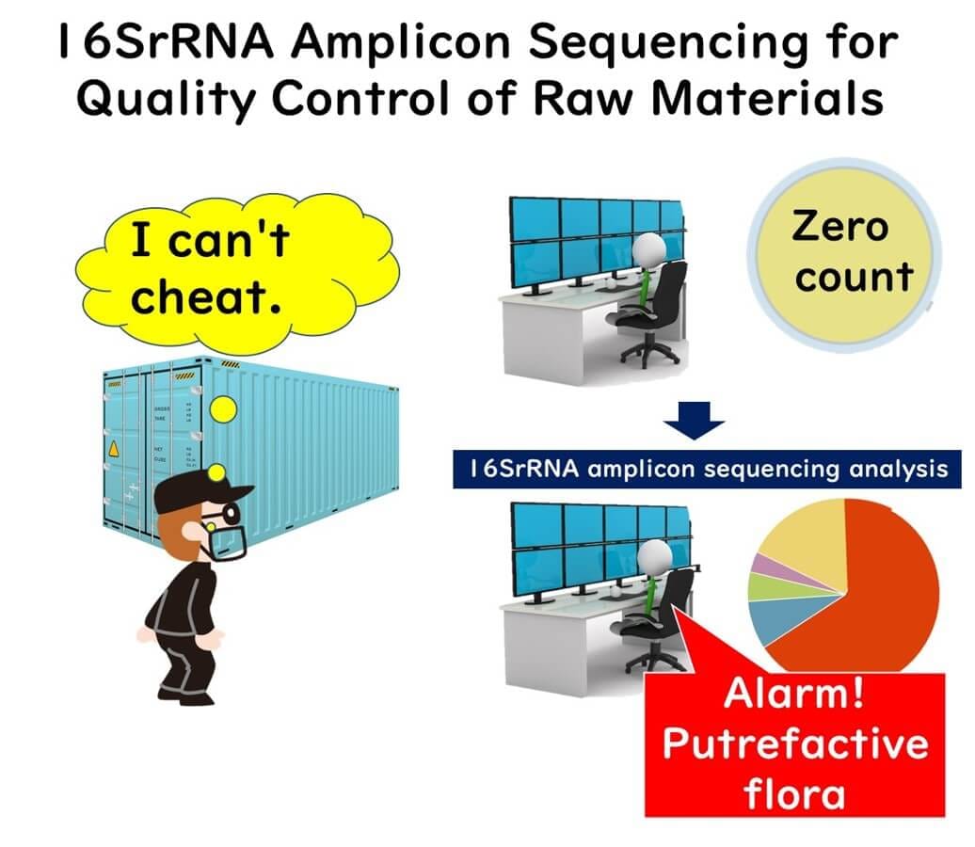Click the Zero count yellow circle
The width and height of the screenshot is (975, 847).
[844, 255]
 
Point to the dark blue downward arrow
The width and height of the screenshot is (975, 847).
[694, 421]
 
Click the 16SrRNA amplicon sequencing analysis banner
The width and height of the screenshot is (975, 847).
[707, 469]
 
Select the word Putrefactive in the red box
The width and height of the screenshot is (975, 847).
[795, 743]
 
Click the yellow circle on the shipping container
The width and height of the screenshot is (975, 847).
[223, 409]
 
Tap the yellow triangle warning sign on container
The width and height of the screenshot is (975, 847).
[114, 448]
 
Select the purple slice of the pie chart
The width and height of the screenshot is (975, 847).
[771, 566]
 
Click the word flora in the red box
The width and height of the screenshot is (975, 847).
[794, 793]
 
